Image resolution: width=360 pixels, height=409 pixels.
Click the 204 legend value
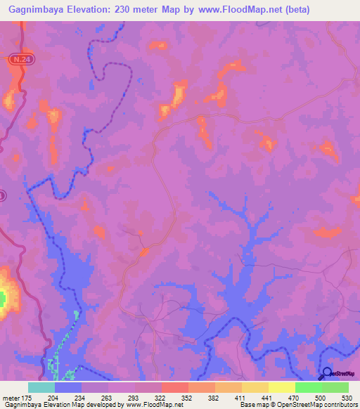click(x=53, y=397)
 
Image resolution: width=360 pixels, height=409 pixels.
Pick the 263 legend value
click(x=107, y=397)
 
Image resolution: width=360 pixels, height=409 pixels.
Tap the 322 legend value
click(x=160, y=397)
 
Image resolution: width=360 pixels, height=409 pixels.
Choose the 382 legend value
click(x=213, y=397)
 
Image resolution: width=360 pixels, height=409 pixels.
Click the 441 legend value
click(x=266, y=397)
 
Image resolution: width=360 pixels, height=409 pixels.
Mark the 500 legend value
click(x=320, y=397)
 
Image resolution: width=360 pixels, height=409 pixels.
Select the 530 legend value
click(x=346, y=397)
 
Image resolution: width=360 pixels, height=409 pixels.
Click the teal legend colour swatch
click(x=41, y=387)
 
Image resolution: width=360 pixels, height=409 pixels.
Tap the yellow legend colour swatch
click(x=281, y=387)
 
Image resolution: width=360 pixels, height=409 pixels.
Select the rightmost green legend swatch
click(x=335, y=387)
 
